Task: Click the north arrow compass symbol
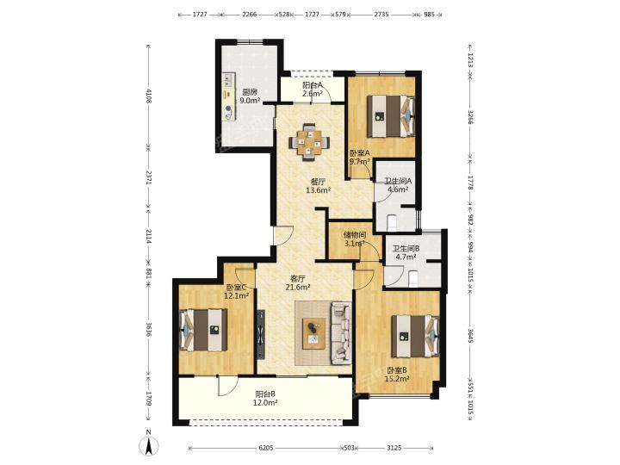(148, 446)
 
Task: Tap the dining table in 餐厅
(309, 142)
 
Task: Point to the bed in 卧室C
(203, 330)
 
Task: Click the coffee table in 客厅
(314, 333)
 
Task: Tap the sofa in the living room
(341, 333)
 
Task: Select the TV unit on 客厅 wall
(261, 334)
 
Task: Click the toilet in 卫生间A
(392, 222)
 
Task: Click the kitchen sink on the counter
(227, 80)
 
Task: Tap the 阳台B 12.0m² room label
(265, 398)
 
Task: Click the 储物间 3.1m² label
(354, 239)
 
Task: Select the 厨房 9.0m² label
(251, 96)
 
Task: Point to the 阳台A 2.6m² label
(313, 89)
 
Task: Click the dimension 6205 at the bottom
(266, 448)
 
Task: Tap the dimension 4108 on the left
(149, 96)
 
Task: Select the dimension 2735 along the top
(381, 15)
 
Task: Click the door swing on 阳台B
(227, 386)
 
